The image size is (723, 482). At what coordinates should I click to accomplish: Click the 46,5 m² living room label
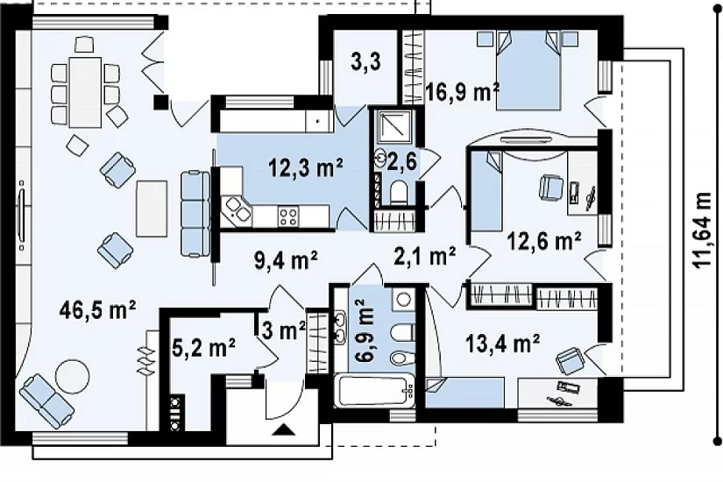pyautogui.click(x=97, y=310)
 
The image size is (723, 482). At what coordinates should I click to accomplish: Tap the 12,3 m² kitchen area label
pyautogui.click(x=306, y=167)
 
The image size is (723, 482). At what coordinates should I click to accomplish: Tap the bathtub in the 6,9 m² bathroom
pyautogui.click(x=373, y=392)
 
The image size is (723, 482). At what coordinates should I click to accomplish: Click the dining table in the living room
pyautogui.click(x=85, y=92)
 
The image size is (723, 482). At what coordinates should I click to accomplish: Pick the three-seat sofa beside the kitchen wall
pyautogui.click(x=195, y=214)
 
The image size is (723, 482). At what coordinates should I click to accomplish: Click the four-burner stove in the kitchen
pyautogui.click(x=288, y=216)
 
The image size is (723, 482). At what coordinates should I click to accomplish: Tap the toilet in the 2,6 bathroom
pyautogui.click(x=398, y=192)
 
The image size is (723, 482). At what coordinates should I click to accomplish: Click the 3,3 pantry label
pyautogui.click(x=365, y=62)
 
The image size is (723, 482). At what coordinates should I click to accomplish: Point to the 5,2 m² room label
pyautogui.click(x=203, y=347)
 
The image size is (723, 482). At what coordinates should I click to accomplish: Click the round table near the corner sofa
pyautogui.click(x=72, y=377)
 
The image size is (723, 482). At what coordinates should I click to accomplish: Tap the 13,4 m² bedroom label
pyautogui.click(x=502, y=344)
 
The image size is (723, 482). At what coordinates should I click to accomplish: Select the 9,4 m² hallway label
pyautogui.click(x=286, y=260)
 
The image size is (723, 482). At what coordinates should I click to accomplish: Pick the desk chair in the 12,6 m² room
pyautogui.click(x=550, y=188)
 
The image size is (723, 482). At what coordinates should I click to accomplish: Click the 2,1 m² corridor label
pyautogui.click(x=425, y=257)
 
